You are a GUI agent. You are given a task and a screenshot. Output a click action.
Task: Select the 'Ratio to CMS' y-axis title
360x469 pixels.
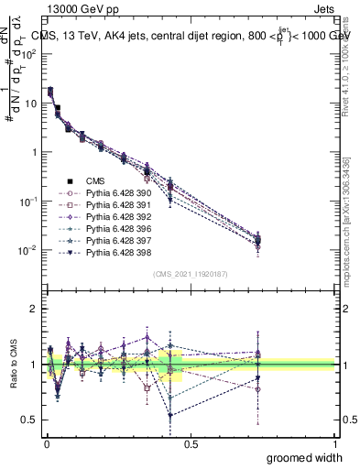tap(12, 365)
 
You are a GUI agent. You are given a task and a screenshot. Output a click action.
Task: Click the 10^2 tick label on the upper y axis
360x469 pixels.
tap(27, 53)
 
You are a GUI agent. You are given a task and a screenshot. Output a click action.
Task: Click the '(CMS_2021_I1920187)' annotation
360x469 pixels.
tap(191, 274)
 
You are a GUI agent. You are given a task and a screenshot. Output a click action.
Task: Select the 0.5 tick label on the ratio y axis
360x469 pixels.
tap(29, 420)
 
